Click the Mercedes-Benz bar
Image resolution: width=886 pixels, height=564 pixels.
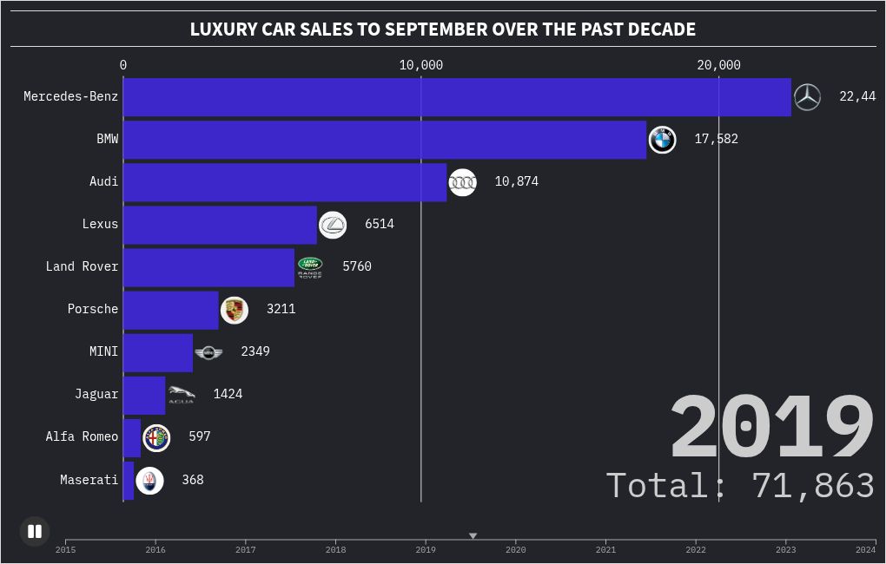[x=457, y=96]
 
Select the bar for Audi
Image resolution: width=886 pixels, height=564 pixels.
[x=285, y=181]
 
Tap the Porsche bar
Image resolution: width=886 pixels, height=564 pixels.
[x=171, y=309]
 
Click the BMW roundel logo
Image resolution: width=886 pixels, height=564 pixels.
[x=662, y=139]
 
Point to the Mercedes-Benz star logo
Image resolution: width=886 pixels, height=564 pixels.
[x=807, y=97]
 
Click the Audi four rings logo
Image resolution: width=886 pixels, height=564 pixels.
[x=462, y=182]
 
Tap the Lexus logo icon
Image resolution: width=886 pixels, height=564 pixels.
[x=333, y=225]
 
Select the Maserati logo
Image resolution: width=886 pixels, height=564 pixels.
[x=149, y=480]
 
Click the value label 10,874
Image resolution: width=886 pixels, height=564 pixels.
[x=517, y=181]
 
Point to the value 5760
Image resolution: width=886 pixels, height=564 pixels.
[x=357, y=266]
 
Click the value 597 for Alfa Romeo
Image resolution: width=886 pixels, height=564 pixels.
[x=200, y=436]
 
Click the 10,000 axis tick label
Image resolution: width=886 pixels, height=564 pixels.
[x=421, y=65]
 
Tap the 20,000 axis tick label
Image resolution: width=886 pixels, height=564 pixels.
[x=718, y=65]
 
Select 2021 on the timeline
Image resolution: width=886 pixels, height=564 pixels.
[x=605, y=549]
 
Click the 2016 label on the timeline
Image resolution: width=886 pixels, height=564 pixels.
[x=155, y=549]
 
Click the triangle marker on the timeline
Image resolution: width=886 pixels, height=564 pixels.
[x=473, y=536]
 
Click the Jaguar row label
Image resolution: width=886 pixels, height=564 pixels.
[x=96, y=394]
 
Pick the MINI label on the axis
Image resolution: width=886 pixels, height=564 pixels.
[x=103, y=351]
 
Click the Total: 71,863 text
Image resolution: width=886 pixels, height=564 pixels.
[x=740, y=485]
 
